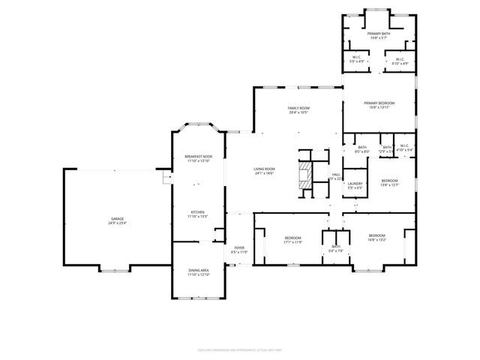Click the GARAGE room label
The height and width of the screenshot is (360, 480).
tap(118, 218)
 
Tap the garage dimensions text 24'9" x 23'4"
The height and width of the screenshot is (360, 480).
tap(118, 223)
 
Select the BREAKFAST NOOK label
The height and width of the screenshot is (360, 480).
tap(198, 157)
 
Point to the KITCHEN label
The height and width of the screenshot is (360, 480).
tap(198, 212)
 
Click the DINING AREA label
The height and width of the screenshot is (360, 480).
tap(198, 270)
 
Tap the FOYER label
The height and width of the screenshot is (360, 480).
tap(239, 247)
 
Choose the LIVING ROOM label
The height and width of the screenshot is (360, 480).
tap(264, 169)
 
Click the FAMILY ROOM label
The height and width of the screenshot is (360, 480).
tap(298, 108)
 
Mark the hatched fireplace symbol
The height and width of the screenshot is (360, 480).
tap(305, 178)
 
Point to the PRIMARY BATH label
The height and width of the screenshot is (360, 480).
tap(379, 34)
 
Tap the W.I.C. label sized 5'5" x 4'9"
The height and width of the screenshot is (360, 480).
tap(358, 59)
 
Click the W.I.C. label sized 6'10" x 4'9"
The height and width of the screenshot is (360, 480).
tap(398, 59)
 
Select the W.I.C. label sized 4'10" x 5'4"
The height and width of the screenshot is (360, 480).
tap(404, 147)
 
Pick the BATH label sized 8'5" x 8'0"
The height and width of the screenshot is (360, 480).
tap(362, 147)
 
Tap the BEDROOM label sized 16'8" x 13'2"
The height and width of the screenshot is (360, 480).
tap(376, 235)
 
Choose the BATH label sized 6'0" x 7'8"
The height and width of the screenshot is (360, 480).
tap(335, 246)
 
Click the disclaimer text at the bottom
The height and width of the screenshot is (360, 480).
tap(240, 348)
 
